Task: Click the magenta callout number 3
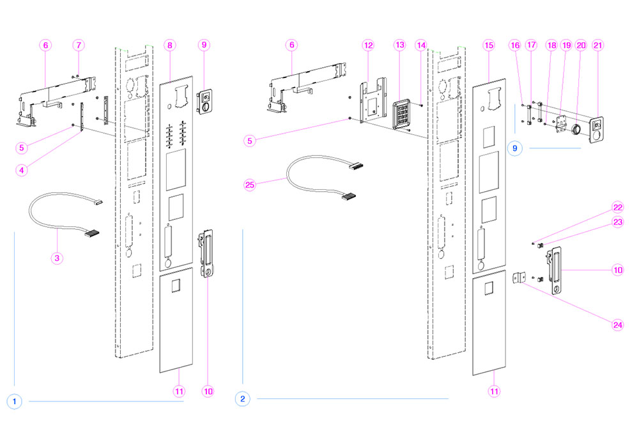[58, 258]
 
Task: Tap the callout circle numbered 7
[79, 45]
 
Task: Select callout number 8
[169, 45]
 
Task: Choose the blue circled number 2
[242, 399]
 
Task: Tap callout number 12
[367, 45]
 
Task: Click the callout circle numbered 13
[400, 45]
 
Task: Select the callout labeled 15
[489, 45]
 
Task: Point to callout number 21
[598, 45]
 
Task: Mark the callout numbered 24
[617, 324]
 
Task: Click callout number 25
[250, 185]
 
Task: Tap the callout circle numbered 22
[617, 208]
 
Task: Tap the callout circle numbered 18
[551, 45]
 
